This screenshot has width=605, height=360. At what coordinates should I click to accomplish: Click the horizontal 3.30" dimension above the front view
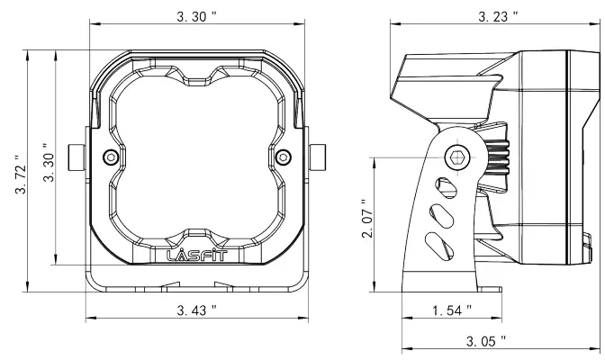[x=194, y=17]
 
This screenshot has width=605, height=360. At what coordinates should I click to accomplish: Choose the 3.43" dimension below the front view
[x=194, y=310]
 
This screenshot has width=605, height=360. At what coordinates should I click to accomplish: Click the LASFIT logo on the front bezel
[x=197, y=255]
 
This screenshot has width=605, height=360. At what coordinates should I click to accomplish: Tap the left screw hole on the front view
[x=111, y=157]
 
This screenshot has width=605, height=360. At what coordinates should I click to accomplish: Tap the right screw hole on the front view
[x=284, y=157]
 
